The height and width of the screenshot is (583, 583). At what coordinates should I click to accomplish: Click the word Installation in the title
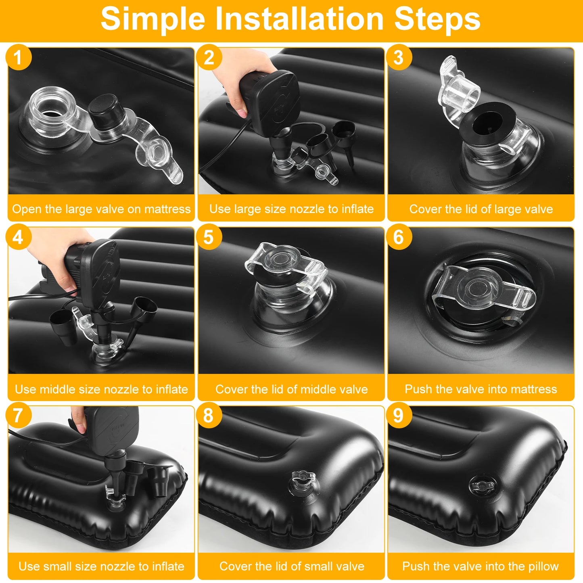(x=299, y=19)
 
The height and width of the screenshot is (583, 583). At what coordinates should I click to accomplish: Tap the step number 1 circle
(x=19, y=57)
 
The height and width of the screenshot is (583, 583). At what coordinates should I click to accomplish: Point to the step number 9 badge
(x=399, y=415)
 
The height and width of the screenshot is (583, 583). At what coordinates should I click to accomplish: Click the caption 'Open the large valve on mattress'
(x=101, y=209)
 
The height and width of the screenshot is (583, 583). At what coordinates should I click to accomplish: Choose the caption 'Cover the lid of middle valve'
(x=291, y=389)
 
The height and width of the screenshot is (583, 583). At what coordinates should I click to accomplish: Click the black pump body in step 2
(x=271, y=101)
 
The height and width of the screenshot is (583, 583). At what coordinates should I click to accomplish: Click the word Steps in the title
(x=437, y=19)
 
